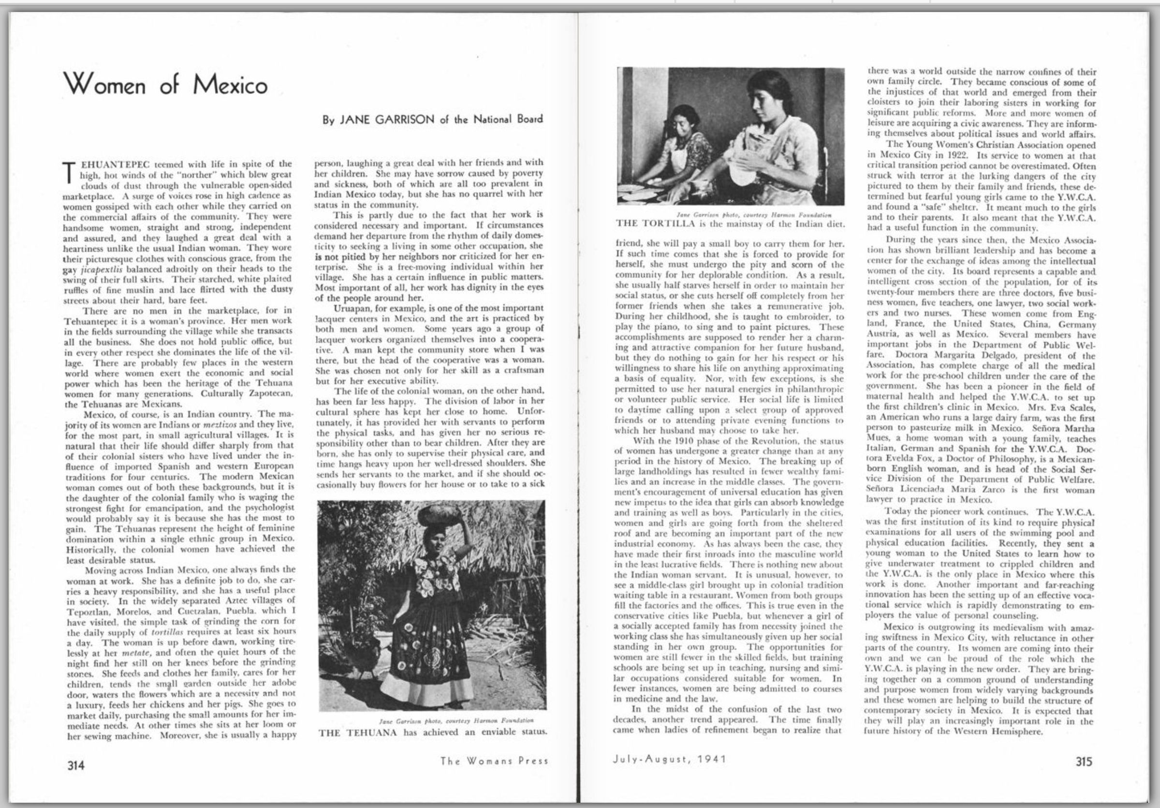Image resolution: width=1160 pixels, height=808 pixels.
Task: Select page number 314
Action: click(x=76, y=764)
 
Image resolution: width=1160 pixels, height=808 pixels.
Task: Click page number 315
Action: click(x=1083, y=762)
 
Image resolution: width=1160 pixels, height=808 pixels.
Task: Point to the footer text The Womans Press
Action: click(x=494, y=761)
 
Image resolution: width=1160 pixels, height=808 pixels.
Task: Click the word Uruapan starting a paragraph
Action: click(x=352, y=308)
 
